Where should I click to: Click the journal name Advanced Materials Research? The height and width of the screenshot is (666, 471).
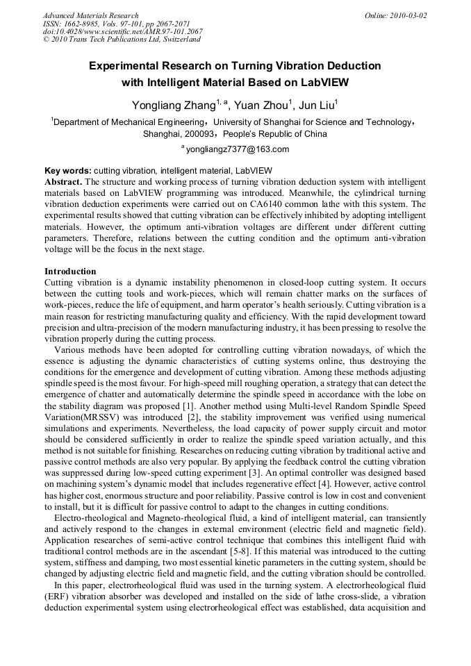90,15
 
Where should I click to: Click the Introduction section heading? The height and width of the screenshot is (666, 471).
70,271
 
